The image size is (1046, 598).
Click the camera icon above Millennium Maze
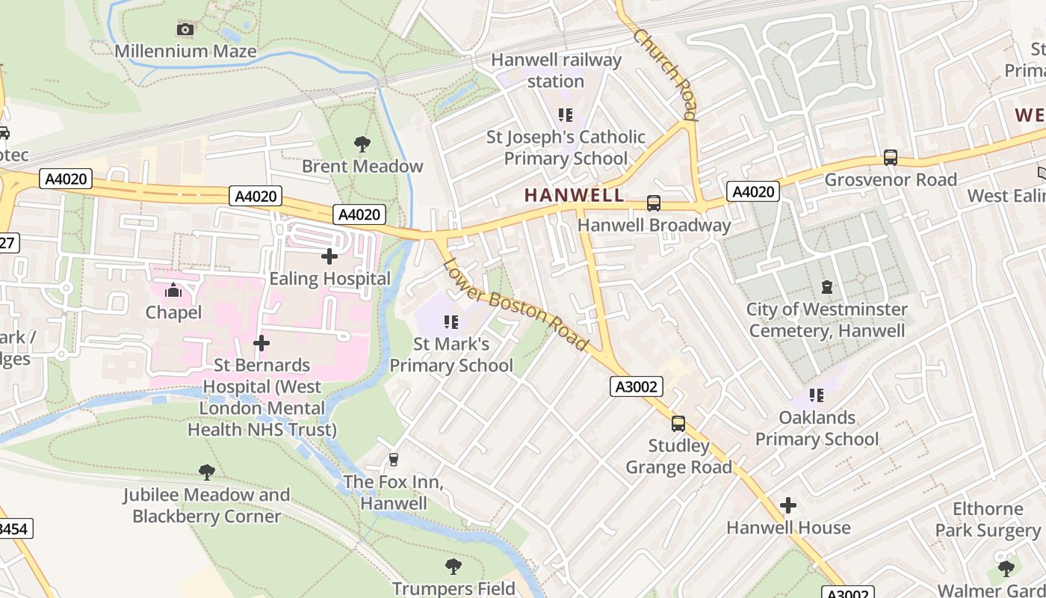185,30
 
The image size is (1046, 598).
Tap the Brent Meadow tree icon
362,144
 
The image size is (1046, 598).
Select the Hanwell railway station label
556,70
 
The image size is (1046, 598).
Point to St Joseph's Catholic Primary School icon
566,115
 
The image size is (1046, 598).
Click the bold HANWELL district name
574,195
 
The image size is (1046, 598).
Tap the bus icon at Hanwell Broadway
654,203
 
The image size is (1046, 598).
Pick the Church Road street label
665,75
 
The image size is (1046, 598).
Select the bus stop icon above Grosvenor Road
890,158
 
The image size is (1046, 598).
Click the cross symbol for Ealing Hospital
329,256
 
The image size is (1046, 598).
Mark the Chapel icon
173,290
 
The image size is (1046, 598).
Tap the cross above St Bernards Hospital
261,343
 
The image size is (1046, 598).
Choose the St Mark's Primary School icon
451,322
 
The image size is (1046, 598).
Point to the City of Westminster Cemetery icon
826,287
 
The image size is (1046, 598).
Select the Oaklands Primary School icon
817,395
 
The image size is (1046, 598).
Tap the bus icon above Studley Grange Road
678,424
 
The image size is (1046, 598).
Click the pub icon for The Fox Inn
394,459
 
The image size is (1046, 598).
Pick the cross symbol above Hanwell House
788,506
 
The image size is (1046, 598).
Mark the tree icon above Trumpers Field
454,566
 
